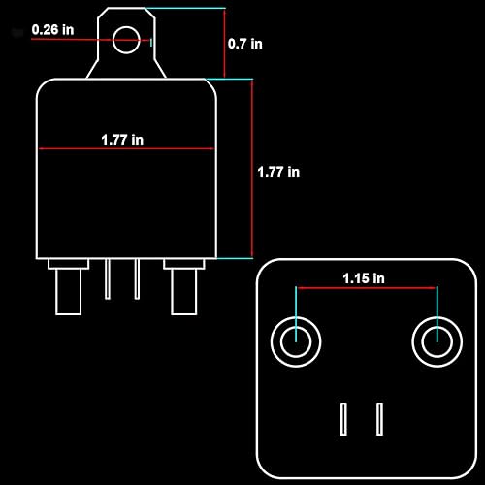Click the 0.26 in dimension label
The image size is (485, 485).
pyautogui.click(x=52, y=29)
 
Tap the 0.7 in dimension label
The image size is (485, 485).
pyautogui.click(x=244, y=44)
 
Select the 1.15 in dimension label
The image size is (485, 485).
pyautogui.click(x=364, y=278)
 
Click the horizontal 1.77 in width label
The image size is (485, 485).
pyautogui.click(x=122, y=140)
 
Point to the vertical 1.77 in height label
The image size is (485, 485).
pyautogui.click(x=278, y=172)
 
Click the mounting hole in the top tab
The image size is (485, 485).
pyautogui.click(x=126, y=41)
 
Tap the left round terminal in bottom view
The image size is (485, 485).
pyautogui.click(x=294, y=341)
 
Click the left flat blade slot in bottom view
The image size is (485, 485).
pyautogui.click(x=343, y=419)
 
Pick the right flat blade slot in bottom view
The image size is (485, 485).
pyautogui.click(x=381, y=419)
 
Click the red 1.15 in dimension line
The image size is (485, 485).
pyautogui.click(x=365, y=288)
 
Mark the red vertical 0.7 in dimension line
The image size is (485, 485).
pyautogui.click(x=224, y=44)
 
